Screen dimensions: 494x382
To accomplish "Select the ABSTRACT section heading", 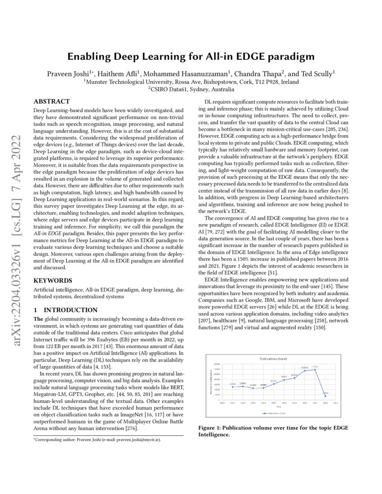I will [x=52, y=101].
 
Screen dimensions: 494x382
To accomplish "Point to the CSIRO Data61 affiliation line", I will [x=191, y=89].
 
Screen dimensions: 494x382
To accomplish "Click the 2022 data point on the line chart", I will [x=325, y=396].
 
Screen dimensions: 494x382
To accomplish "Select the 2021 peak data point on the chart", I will [x=315, y=370].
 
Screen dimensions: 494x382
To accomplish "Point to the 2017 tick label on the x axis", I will [x=274, y=403].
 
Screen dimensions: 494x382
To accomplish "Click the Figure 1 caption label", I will [x=213, y=428].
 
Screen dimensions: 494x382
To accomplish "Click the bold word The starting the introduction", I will [x=39, y=318].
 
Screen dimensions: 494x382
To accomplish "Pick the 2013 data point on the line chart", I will [x=232, y=387].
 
